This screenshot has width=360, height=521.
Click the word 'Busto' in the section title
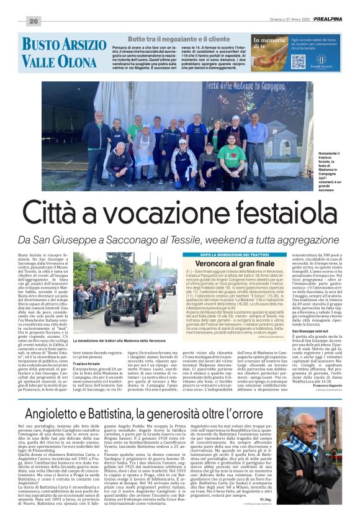tap(40, 45)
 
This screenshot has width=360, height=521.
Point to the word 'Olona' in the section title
tap(78, 61)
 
